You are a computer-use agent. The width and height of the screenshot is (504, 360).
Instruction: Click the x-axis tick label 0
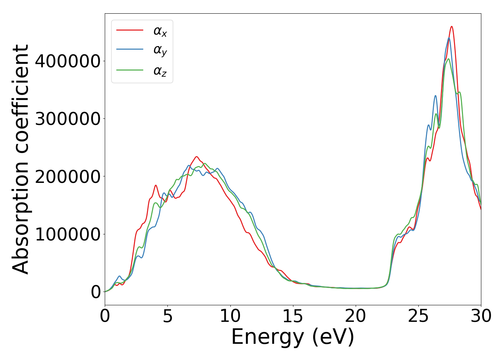[105, 316]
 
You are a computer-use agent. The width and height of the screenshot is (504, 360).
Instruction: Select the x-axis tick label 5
[167, 316]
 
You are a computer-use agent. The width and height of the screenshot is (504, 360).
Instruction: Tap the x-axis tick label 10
[230, 316]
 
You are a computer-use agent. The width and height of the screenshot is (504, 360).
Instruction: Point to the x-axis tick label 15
[293, 316]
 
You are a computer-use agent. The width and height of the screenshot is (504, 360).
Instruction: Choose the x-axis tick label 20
[356, 316]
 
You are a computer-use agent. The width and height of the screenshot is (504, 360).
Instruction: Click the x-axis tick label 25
[418, 316]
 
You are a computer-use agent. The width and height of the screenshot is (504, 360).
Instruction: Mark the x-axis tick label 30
[481, 316]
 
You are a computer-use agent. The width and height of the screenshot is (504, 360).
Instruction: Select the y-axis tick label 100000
[68, 234]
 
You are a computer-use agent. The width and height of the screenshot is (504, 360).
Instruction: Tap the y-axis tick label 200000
[68, 176]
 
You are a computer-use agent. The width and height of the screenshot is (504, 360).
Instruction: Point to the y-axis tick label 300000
[68, 119]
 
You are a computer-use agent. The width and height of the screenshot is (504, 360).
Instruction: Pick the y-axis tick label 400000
[68, 61]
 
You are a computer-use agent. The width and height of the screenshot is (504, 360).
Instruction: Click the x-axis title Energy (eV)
[293, 337]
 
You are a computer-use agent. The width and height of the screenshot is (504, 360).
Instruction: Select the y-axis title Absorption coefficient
[21, 159]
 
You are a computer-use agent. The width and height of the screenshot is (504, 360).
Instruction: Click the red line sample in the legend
[130, 30]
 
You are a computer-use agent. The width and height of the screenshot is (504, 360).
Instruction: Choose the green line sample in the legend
[130, 70]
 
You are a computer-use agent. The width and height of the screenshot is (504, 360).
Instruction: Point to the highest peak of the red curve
[452, 26]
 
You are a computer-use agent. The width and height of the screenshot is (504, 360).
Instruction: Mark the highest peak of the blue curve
[449, 38]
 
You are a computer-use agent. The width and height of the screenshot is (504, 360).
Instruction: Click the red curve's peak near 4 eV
[156, 185]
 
